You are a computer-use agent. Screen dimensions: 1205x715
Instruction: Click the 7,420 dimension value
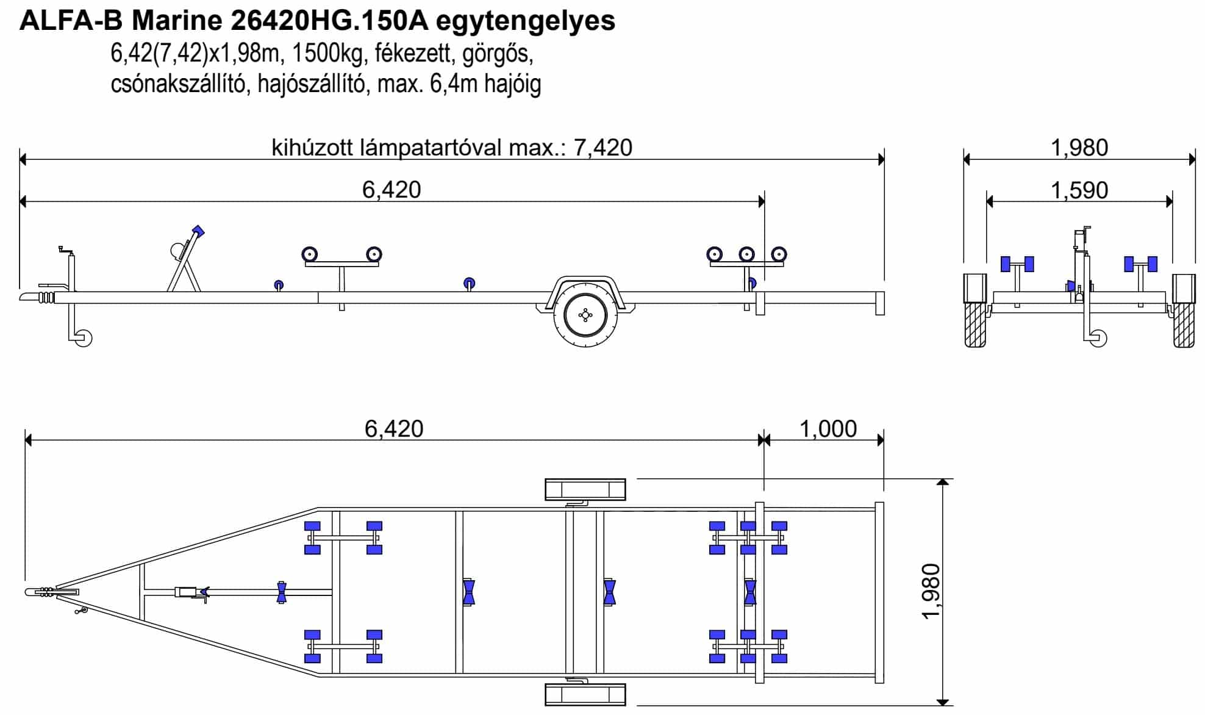coord(602,148)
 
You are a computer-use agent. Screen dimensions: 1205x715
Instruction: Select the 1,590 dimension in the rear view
coord(1079,190)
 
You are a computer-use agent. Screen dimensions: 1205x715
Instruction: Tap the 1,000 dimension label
coord(828,429)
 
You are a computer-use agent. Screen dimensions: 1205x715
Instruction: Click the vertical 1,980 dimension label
coord(931,591)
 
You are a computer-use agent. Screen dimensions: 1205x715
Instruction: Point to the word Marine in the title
coord(177,21)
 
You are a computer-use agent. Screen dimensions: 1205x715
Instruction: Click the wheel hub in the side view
coord(585,315)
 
